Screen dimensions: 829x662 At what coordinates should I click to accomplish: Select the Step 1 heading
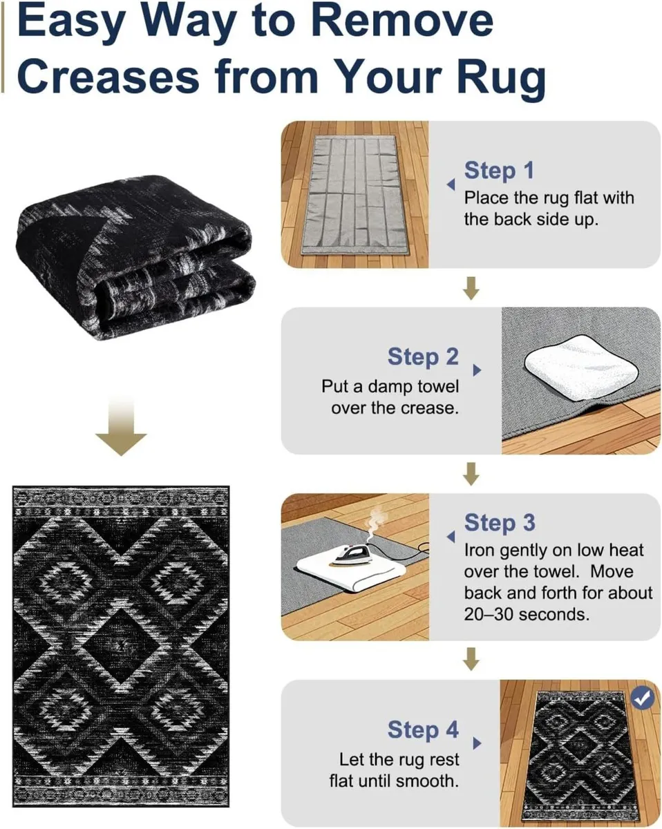499,170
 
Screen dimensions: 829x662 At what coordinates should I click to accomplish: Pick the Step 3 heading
499,522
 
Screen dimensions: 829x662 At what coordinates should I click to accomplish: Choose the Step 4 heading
423,730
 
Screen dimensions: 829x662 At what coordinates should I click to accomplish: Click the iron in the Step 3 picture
346,554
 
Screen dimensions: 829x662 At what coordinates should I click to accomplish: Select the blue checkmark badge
643,698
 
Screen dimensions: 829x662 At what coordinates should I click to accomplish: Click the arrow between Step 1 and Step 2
471,288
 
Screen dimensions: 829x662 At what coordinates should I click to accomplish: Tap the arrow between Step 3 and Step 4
471,660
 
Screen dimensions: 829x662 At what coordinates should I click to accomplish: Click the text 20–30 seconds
527,613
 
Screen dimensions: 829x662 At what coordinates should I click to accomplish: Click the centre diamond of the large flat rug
121,646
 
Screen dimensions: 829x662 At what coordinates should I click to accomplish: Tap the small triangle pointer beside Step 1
451,185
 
